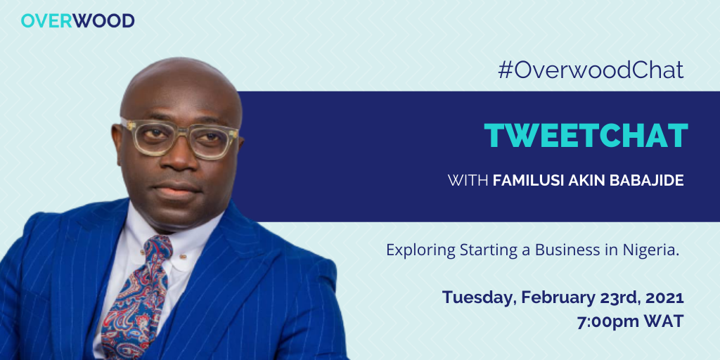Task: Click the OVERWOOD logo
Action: (77, 20)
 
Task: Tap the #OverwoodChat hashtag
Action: (590, 70)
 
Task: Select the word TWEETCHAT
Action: (585, 136)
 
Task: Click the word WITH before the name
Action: (468, 181)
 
